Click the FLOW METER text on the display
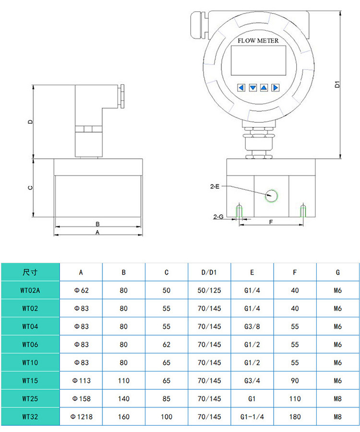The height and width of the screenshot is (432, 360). tap(258, 41)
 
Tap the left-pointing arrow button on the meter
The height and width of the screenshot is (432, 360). tap(241, 87)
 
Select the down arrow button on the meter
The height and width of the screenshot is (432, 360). tap(252, 87)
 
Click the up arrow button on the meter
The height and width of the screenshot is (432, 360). tap(264, 87)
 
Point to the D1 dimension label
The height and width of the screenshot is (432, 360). tap(338, 85)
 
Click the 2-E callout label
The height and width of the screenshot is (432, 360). tap(215, 186)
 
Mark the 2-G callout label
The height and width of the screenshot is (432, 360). tap(218, 217)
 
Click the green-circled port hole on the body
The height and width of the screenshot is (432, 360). tap(272, 195)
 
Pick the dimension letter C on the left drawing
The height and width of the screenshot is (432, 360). tap(30, 188)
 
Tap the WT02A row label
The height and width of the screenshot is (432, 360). tap(30, 290)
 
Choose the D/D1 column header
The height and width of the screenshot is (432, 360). tap(209, 272)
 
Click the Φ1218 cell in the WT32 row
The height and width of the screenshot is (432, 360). tap(81, 417)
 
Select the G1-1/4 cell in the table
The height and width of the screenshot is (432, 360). tap(252, 417)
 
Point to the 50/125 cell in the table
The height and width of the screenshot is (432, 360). tap(209, 290)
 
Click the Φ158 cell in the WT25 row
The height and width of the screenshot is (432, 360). tap(81, 398)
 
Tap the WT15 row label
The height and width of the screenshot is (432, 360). tap(30, 381)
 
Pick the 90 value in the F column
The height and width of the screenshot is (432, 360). tap(295, 381)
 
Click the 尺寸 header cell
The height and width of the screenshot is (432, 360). tap(30, 272)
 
